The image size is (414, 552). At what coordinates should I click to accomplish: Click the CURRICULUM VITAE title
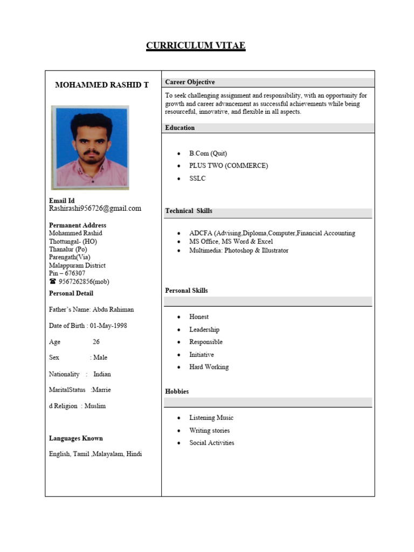click(x=196, y=46)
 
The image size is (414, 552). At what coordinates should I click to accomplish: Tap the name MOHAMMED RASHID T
click(x=102, y=85)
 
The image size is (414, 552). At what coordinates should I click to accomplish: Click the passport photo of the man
click(x=90, y=147)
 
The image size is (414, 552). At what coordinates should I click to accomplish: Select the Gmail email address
click(x=95, y=208)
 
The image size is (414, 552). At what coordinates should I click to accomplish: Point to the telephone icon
click(x=53, y=281)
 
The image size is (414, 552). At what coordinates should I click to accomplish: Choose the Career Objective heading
click(x=190, y=82)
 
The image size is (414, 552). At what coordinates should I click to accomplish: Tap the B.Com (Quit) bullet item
click(x=208, y=153)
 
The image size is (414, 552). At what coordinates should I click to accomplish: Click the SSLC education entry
click(x=197, y=178)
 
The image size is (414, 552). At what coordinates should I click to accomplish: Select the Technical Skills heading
click(x=189, y=211)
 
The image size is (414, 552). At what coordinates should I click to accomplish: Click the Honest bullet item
click(x=199, y=317)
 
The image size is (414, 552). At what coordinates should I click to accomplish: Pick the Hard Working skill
click(x=209, y=367)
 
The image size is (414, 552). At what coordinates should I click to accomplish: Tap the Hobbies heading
click(x=177, y=391)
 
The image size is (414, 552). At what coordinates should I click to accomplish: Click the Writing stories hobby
click(x=209, y=430)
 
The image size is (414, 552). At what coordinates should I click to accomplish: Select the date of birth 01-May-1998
click(x=109, y=326)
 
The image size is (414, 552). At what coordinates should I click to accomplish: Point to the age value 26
click(x=96, y=342)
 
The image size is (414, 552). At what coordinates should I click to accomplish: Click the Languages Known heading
click(x=76, y=438)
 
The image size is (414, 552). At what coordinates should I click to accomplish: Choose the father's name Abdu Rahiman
click(x=113, y=309)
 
